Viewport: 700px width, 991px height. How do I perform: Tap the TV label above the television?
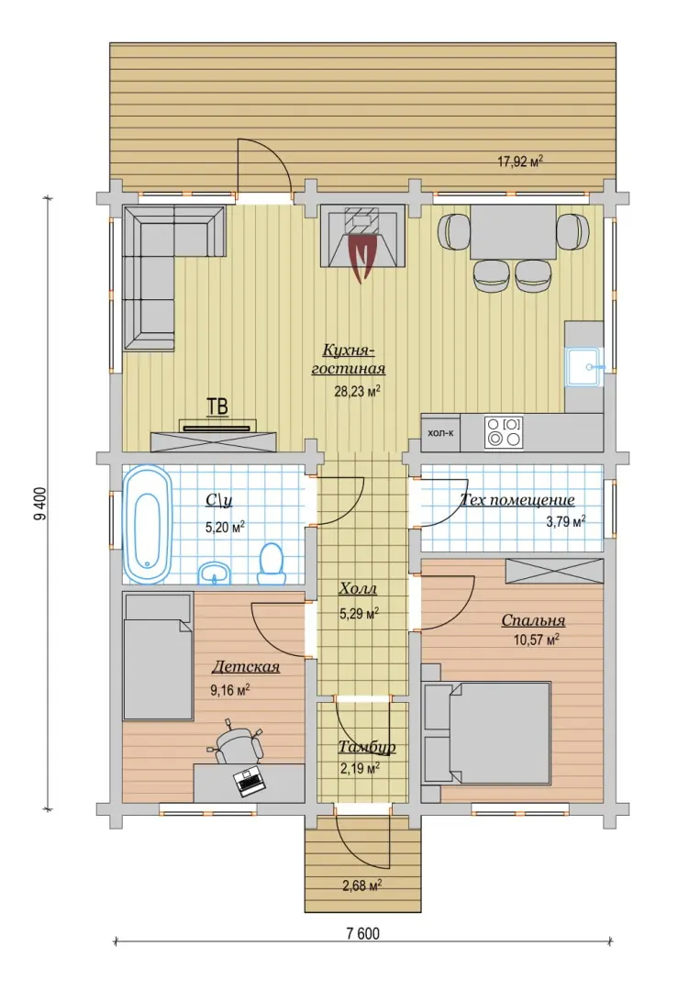[218, 406]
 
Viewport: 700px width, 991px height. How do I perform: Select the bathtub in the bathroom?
[147, 525]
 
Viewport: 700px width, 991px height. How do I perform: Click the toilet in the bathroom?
[272, 563]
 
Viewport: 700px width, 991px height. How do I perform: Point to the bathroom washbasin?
[215, 573]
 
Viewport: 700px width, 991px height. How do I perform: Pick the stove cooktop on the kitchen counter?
[505, 431]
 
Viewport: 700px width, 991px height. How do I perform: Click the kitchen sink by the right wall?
[585, 366]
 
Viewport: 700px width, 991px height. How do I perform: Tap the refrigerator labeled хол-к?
[441, 433]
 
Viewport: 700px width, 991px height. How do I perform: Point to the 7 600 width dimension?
[363, 934]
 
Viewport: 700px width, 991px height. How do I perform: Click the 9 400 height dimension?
[39, 504]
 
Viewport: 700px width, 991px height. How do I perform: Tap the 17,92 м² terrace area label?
[520, 161]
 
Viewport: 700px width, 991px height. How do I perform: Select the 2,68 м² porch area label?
[361, 885]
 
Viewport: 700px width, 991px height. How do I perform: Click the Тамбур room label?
[367, 747]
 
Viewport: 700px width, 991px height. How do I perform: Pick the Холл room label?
[358, 589]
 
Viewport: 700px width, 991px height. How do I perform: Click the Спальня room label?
[533, 620]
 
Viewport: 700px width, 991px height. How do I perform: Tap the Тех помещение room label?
[517, 500]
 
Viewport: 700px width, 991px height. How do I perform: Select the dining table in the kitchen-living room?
[513, 231]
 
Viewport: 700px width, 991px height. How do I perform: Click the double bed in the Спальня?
[486, 733]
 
